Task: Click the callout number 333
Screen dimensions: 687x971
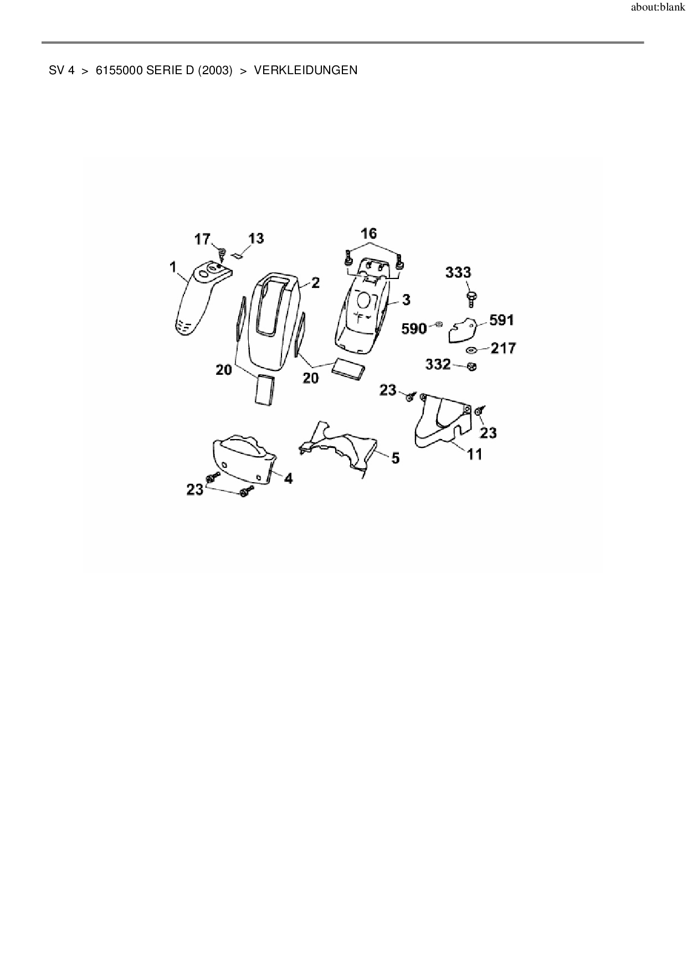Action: pos(459,272)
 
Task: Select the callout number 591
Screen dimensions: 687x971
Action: pos(501,320)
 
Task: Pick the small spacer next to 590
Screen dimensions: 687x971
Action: pos(438,324)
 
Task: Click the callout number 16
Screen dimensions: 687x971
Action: pos(369,233)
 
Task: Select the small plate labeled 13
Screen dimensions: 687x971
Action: pos(238,255)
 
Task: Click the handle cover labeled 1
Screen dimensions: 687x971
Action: pos(194,302)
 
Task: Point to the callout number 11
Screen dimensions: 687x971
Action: pos(474,454)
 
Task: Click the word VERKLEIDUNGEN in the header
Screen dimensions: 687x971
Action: pos(305,70)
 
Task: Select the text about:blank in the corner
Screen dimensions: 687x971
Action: pos(658,8)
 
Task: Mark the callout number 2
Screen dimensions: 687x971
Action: pos(315,283)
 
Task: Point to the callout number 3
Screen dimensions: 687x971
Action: pos(406,300)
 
